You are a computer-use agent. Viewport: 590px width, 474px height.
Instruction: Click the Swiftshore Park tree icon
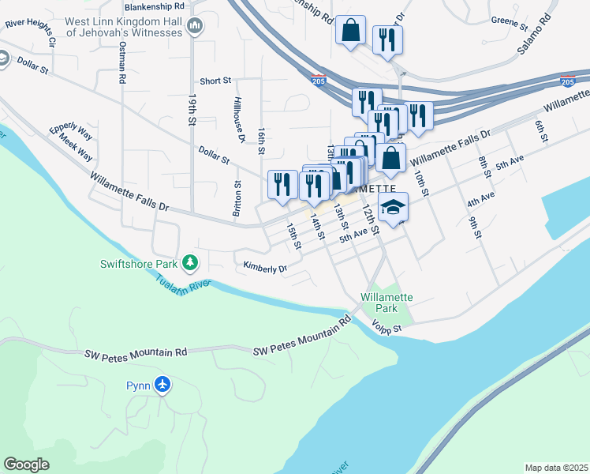click(x=189, y=262)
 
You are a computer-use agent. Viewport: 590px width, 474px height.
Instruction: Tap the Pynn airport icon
click(x=162, y=385)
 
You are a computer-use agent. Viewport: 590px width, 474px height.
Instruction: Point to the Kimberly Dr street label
click(x=265, y=268)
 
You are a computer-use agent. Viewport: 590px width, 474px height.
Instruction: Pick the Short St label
click(x=215, y=81)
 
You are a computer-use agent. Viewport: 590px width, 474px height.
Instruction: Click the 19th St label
click(x=192, y=110)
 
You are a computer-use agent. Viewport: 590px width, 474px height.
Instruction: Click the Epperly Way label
click(x=71, y=132)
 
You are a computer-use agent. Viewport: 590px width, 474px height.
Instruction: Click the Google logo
click(x=27, y=465)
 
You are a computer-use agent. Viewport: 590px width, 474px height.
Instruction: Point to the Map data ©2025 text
click(x=555, y=468)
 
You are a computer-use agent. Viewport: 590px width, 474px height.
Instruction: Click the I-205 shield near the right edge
click(x=567, y=81)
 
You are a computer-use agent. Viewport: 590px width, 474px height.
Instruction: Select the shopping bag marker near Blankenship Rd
click(x=349, y=31)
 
